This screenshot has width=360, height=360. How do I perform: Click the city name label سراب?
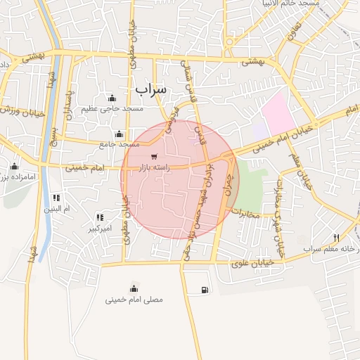[x=150, y=89]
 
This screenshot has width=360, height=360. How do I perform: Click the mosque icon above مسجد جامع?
[x=119, y=134]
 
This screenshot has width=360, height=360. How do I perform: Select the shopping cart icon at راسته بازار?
[x=154, y=157]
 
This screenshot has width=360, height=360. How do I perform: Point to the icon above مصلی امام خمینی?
[x=134, y=288]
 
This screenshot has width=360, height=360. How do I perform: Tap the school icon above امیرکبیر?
[x=100, y=218]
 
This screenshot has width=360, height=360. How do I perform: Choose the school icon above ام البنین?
[x=56, y=198]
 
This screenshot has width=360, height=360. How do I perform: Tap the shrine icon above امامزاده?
[x=14, y=166]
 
